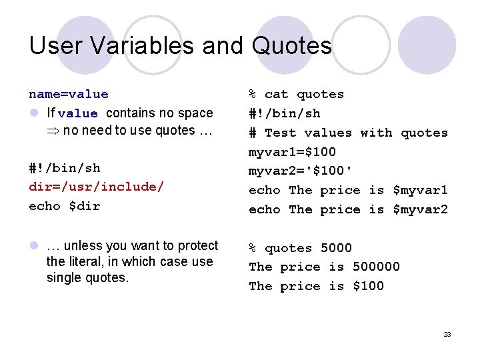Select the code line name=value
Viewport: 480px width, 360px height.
(x=69, y=94)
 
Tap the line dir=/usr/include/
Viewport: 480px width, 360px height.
(x=96, y=187)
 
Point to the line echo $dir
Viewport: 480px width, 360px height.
(x=65, y=206)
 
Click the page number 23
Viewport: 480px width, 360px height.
(x=447, y=334)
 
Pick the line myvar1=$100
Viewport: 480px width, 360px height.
(x=292, y=152)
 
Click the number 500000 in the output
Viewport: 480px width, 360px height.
(x=376, y=267)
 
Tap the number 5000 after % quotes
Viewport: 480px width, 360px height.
(x=336, y=248)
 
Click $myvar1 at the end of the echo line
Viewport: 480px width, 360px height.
(x=420, y=190)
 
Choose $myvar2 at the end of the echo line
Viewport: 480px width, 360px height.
(x=420, y=209)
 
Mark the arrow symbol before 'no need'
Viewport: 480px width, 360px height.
(x=53, y=131)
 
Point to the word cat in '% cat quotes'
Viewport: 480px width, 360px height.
(x=277, y=94)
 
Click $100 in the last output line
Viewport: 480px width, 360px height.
(x=368, y=286)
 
